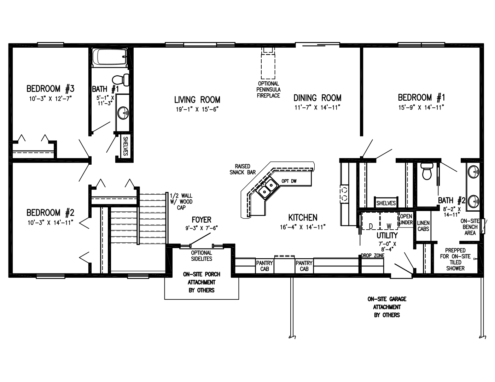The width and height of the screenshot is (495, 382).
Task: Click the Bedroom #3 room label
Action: pos(51,88)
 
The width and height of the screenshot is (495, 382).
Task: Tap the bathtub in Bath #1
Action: pos(110,57)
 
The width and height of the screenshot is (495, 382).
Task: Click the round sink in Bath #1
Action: pos(123,113)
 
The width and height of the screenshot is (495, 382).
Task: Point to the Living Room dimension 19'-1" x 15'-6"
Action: pos(197,109)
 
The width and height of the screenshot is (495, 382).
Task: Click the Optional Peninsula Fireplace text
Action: pos(268,89)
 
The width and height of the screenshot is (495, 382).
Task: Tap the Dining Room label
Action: pos(317,98)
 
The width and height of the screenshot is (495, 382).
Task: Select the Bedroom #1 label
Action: pos(421,98)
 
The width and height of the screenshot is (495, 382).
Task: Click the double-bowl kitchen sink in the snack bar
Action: pos(267,188)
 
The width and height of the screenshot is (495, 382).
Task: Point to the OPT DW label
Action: pos(289,181)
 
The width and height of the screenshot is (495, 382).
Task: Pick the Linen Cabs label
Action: pos(423,226)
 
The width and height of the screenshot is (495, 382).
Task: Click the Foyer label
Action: pos(201,220)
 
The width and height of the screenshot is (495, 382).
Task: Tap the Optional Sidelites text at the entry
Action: pos(202,255)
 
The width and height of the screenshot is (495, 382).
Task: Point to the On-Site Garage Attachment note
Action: pos(387,307)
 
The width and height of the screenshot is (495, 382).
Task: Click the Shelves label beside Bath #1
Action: pos(125,147)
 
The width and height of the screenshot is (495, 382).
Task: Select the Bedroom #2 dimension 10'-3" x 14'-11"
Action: pos(51,223)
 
